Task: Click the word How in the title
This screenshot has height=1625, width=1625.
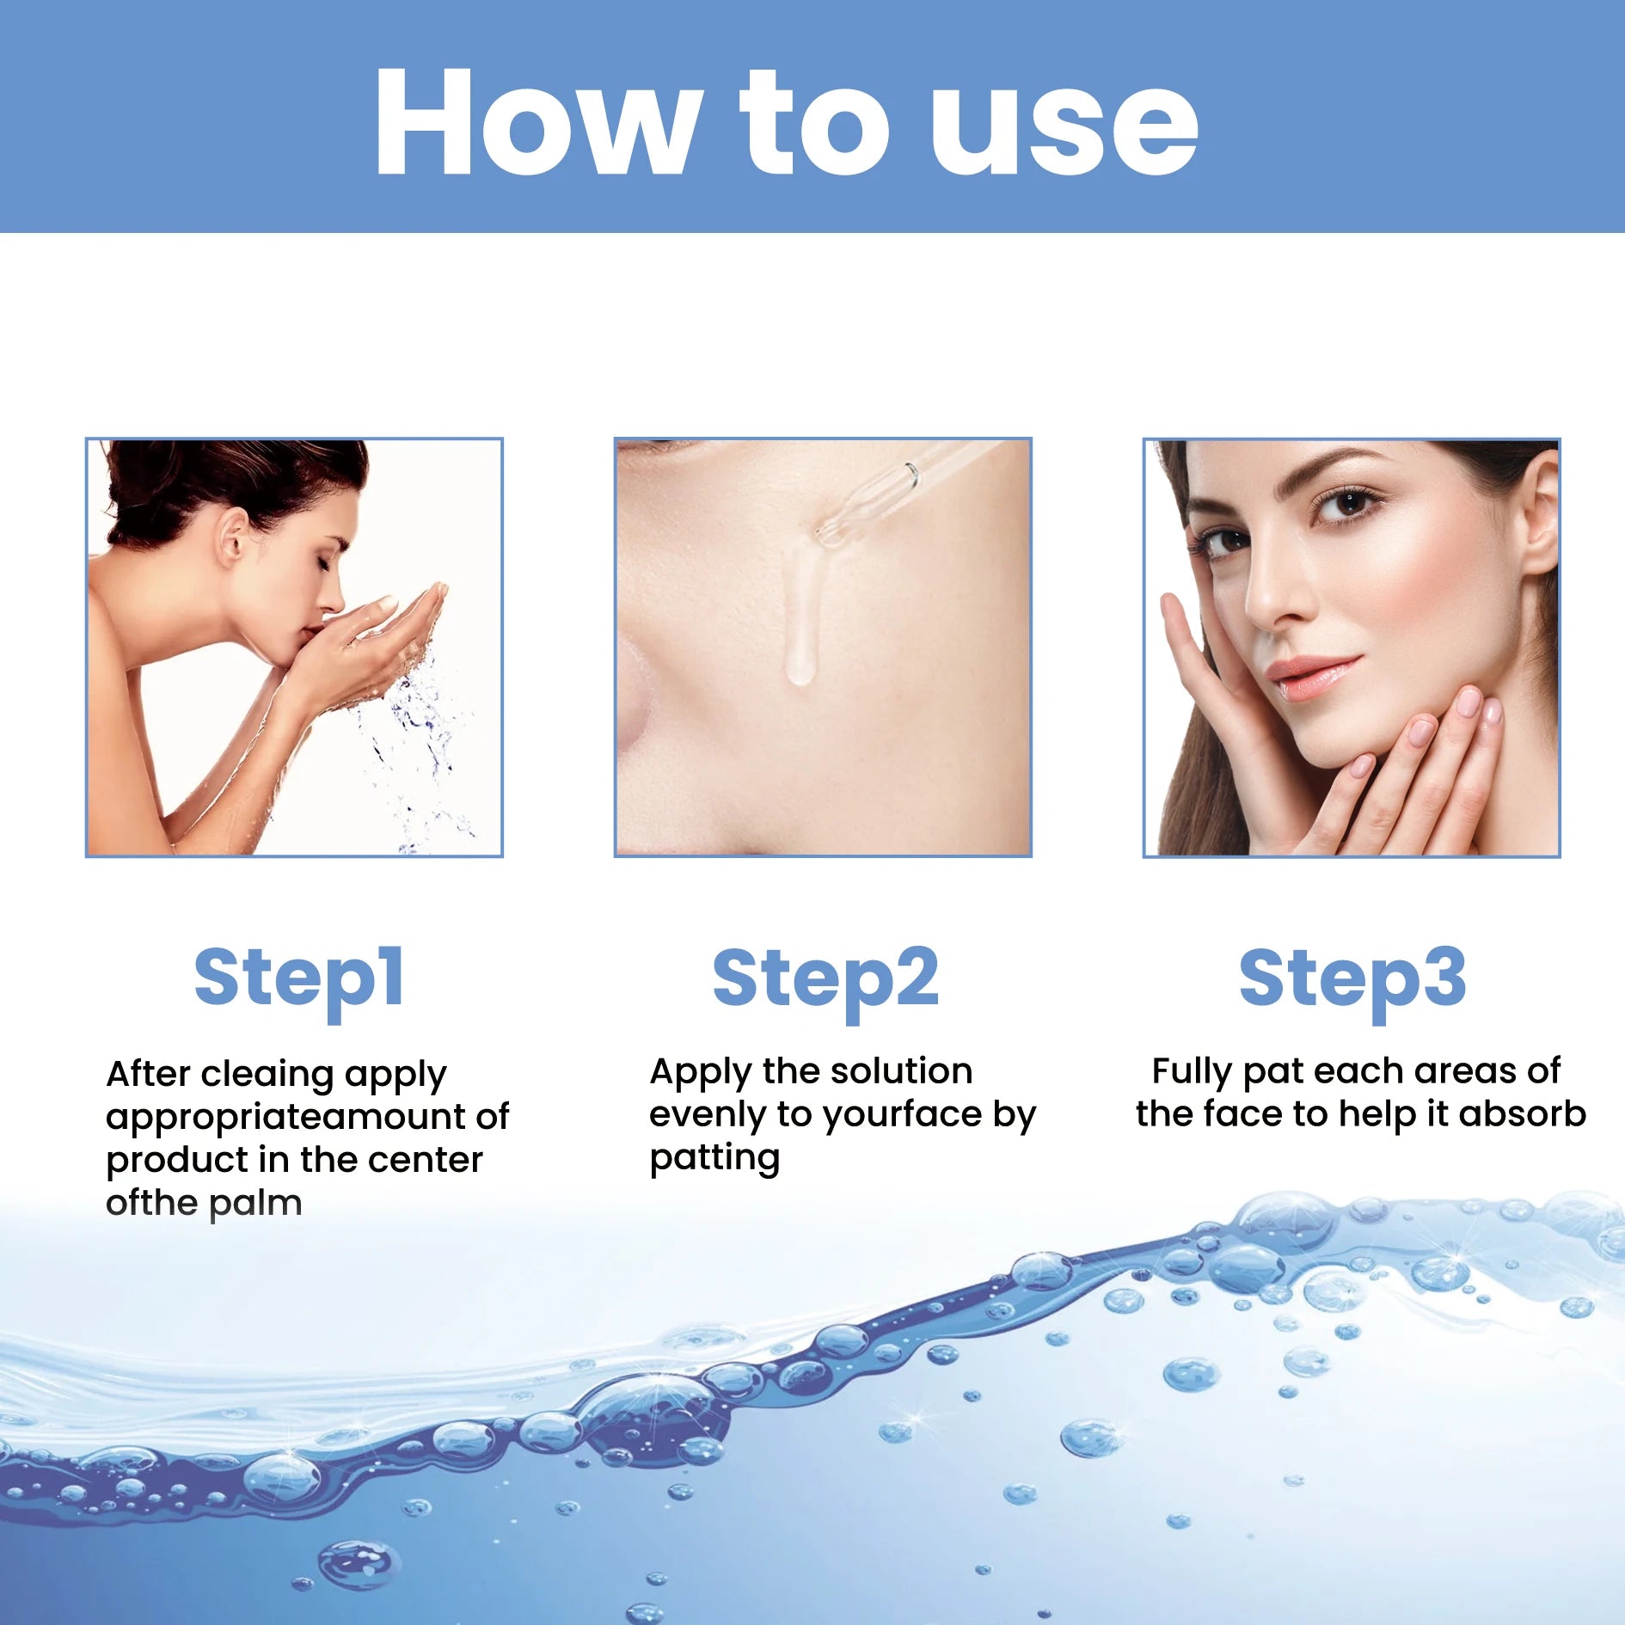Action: point(533,122)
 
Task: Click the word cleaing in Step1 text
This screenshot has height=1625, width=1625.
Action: point(267,1074)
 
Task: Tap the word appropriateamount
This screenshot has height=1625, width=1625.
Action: point(285,1117)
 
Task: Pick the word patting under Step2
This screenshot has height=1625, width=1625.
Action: point(714,1158)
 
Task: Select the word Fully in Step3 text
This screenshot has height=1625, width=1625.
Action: point(1192,1071)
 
